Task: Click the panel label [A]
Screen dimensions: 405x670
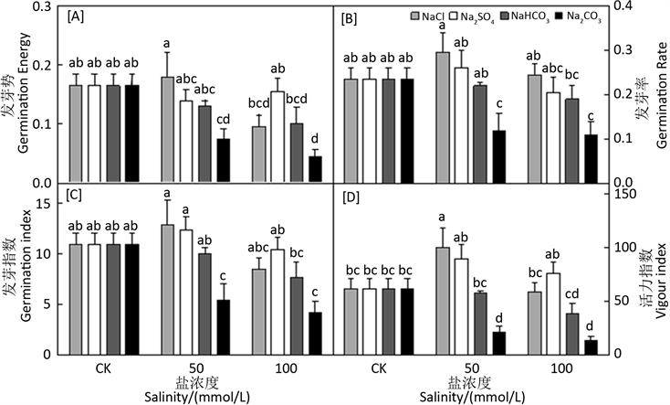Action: point(78,16)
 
